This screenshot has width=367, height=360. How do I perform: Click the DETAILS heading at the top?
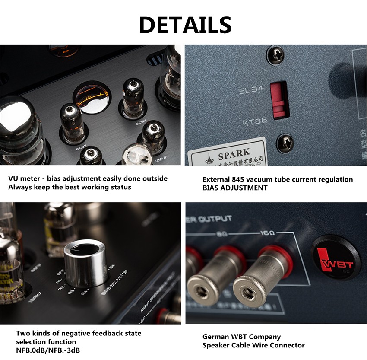coord(185,25)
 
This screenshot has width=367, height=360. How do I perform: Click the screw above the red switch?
coord(275,55)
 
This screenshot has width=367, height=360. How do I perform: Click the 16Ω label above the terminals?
coord(268,233)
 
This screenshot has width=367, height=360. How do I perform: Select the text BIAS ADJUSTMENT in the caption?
coord(235,188)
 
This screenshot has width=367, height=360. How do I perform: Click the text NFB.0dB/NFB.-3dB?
coord(47,350)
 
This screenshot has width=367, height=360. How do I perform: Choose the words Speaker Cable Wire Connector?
coord(253,345)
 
